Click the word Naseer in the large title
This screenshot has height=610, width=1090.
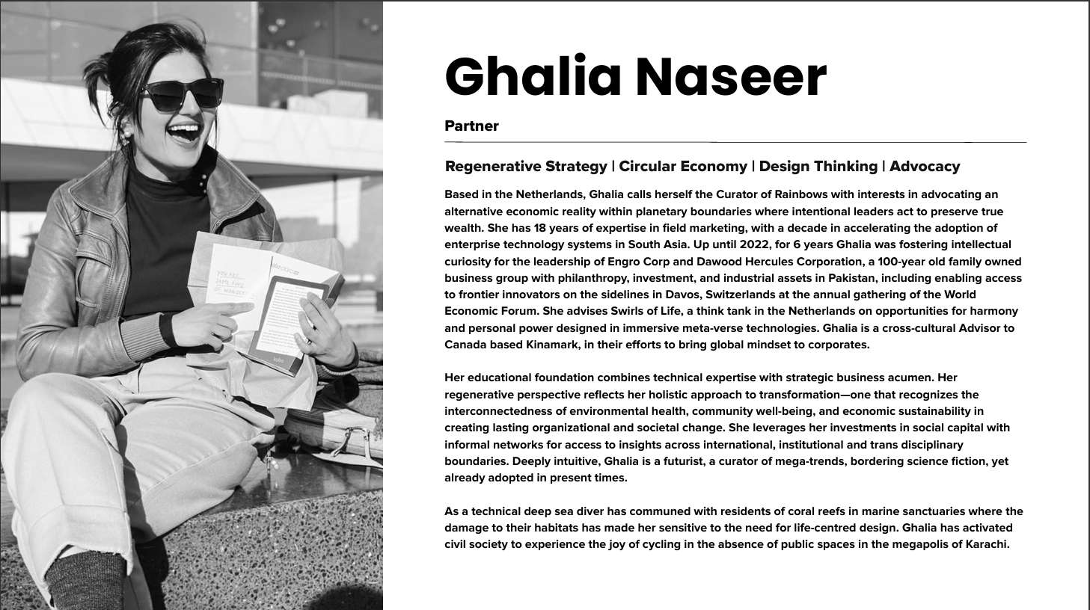click(x=731, y=77)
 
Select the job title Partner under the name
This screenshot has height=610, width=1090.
click(x=471, y=126)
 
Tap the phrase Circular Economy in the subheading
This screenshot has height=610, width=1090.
click(x=683, y=166)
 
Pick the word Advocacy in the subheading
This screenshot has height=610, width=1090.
click(x=925, y=166)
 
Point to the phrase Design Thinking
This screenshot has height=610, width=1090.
click(x=818, y=166)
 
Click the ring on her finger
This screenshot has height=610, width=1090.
click(x=307, y=340)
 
